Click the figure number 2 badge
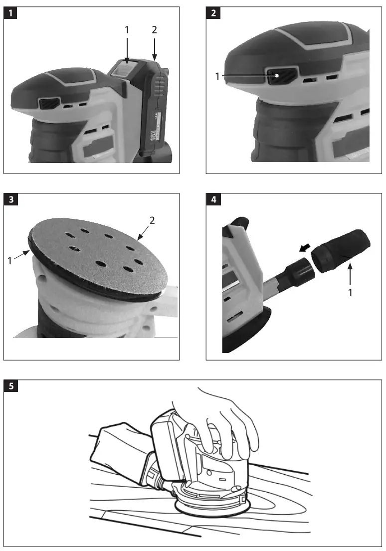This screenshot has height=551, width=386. coord(213,13)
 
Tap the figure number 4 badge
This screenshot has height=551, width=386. coord(213,200)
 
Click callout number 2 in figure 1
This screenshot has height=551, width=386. coord(154,30)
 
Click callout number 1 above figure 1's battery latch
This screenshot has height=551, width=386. coord(127,30)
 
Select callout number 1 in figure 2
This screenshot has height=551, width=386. coord(217,76)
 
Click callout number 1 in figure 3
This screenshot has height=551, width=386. coord(10,260)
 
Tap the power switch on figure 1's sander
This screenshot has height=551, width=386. coord(49,104)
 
